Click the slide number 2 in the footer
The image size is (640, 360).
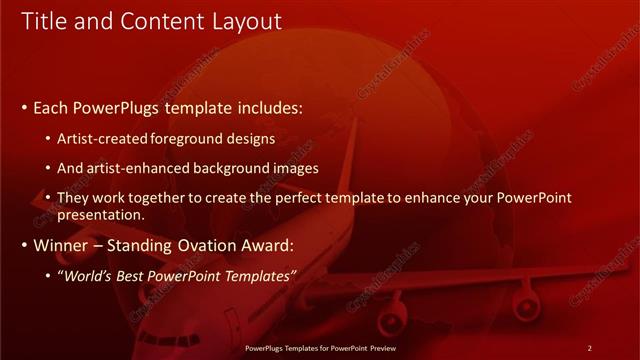click(589, 348)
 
